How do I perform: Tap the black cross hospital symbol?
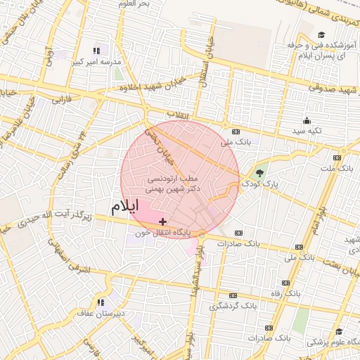click(163, 221)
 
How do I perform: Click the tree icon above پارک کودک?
click(260, 172)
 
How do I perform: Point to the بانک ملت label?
click(337, 169)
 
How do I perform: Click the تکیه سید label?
click(307, 131)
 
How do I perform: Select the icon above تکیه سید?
click(307, 120)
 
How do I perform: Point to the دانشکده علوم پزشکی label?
click(331, 342)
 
